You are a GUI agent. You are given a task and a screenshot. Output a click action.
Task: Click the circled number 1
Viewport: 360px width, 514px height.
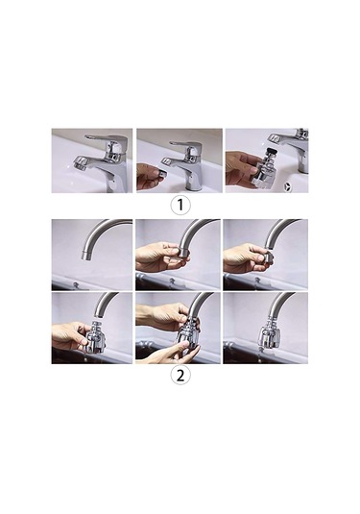180,205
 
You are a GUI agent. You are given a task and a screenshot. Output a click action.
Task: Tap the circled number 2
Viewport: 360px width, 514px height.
180,376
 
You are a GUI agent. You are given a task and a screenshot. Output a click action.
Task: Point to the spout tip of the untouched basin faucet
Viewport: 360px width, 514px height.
80,163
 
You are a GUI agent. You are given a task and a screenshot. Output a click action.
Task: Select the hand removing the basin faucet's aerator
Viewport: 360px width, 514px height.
148,176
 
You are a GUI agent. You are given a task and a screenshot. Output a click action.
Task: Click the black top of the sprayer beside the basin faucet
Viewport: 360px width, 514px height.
270,152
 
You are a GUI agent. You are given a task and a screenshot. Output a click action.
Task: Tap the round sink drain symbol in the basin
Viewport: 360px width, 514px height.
288,186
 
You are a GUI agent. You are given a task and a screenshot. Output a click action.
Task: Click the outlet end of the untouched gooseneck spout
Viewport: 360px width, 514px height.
86,256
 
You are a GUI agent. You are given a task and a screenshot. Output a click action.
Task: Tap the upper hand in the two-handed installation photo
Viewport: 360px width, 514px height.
165,316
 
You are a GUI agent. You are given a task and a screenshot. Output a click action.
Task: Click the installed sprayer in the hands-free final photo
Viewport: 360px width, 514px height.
269,335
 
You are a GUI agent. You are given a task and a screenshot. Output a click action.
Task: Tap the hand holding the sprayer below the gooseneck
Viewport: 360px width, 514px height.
69,336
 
